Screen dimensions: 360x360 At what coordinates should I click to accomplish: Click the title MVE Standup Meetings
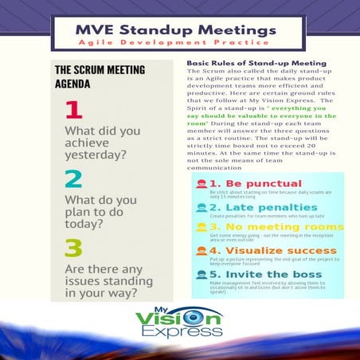coord(176,30)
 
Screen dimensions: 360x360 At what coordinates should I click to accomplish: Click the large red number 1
coord(73,109)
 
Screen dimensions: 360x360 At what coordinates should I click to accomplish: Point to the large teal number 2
coord(73,178)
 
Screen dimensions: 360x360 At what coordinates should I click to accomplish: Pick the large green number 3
coord(73,248)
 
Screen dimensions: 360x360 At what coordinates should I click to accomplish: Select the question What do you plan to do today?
coord(100,210)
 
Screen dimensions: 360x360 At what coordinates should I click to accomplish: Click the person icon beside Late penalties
coord(202,208)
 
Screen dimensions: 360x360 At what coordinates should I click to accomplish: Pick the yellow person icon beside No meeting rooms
coord(202,229)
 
